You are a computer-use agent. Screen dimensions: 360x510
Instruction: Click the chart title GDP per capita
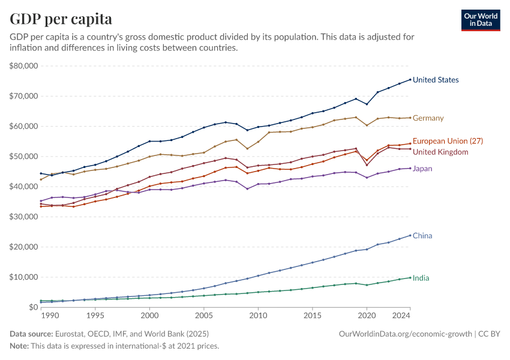pos(61,19)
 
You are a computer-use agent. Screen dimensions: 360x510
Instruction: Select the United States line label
pos(436,80)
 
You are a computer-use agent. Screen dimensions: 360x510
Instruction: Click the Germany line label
pos(428,118)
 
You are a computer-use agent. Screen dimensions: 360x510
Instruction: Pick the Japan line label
pos(422,169)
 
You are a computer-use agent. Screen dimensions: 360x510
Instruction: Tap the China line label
pos(422,236)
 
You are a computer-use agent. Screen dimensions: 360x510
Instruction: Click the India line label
pos(421,278)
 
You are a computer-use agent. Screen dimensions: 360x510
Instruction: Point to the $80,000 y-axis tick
pos(24,66)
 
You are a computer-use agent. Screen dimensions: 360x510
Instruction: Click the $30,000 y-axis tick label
pos(24,217)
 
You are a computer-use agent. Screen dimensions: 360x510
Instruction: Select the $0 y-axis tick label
pos(34,307)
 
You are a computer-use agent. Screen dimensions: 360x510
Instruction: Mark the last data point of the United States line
pos(410,79)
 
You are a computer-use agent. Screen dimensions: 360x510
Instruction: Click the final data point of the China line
pos(410,235)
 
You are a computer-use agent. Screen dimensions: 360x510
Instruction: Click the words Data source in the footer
pos(30,333)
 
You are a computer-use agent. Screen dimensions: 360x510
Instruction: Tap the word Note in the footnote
pos(19,346)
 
